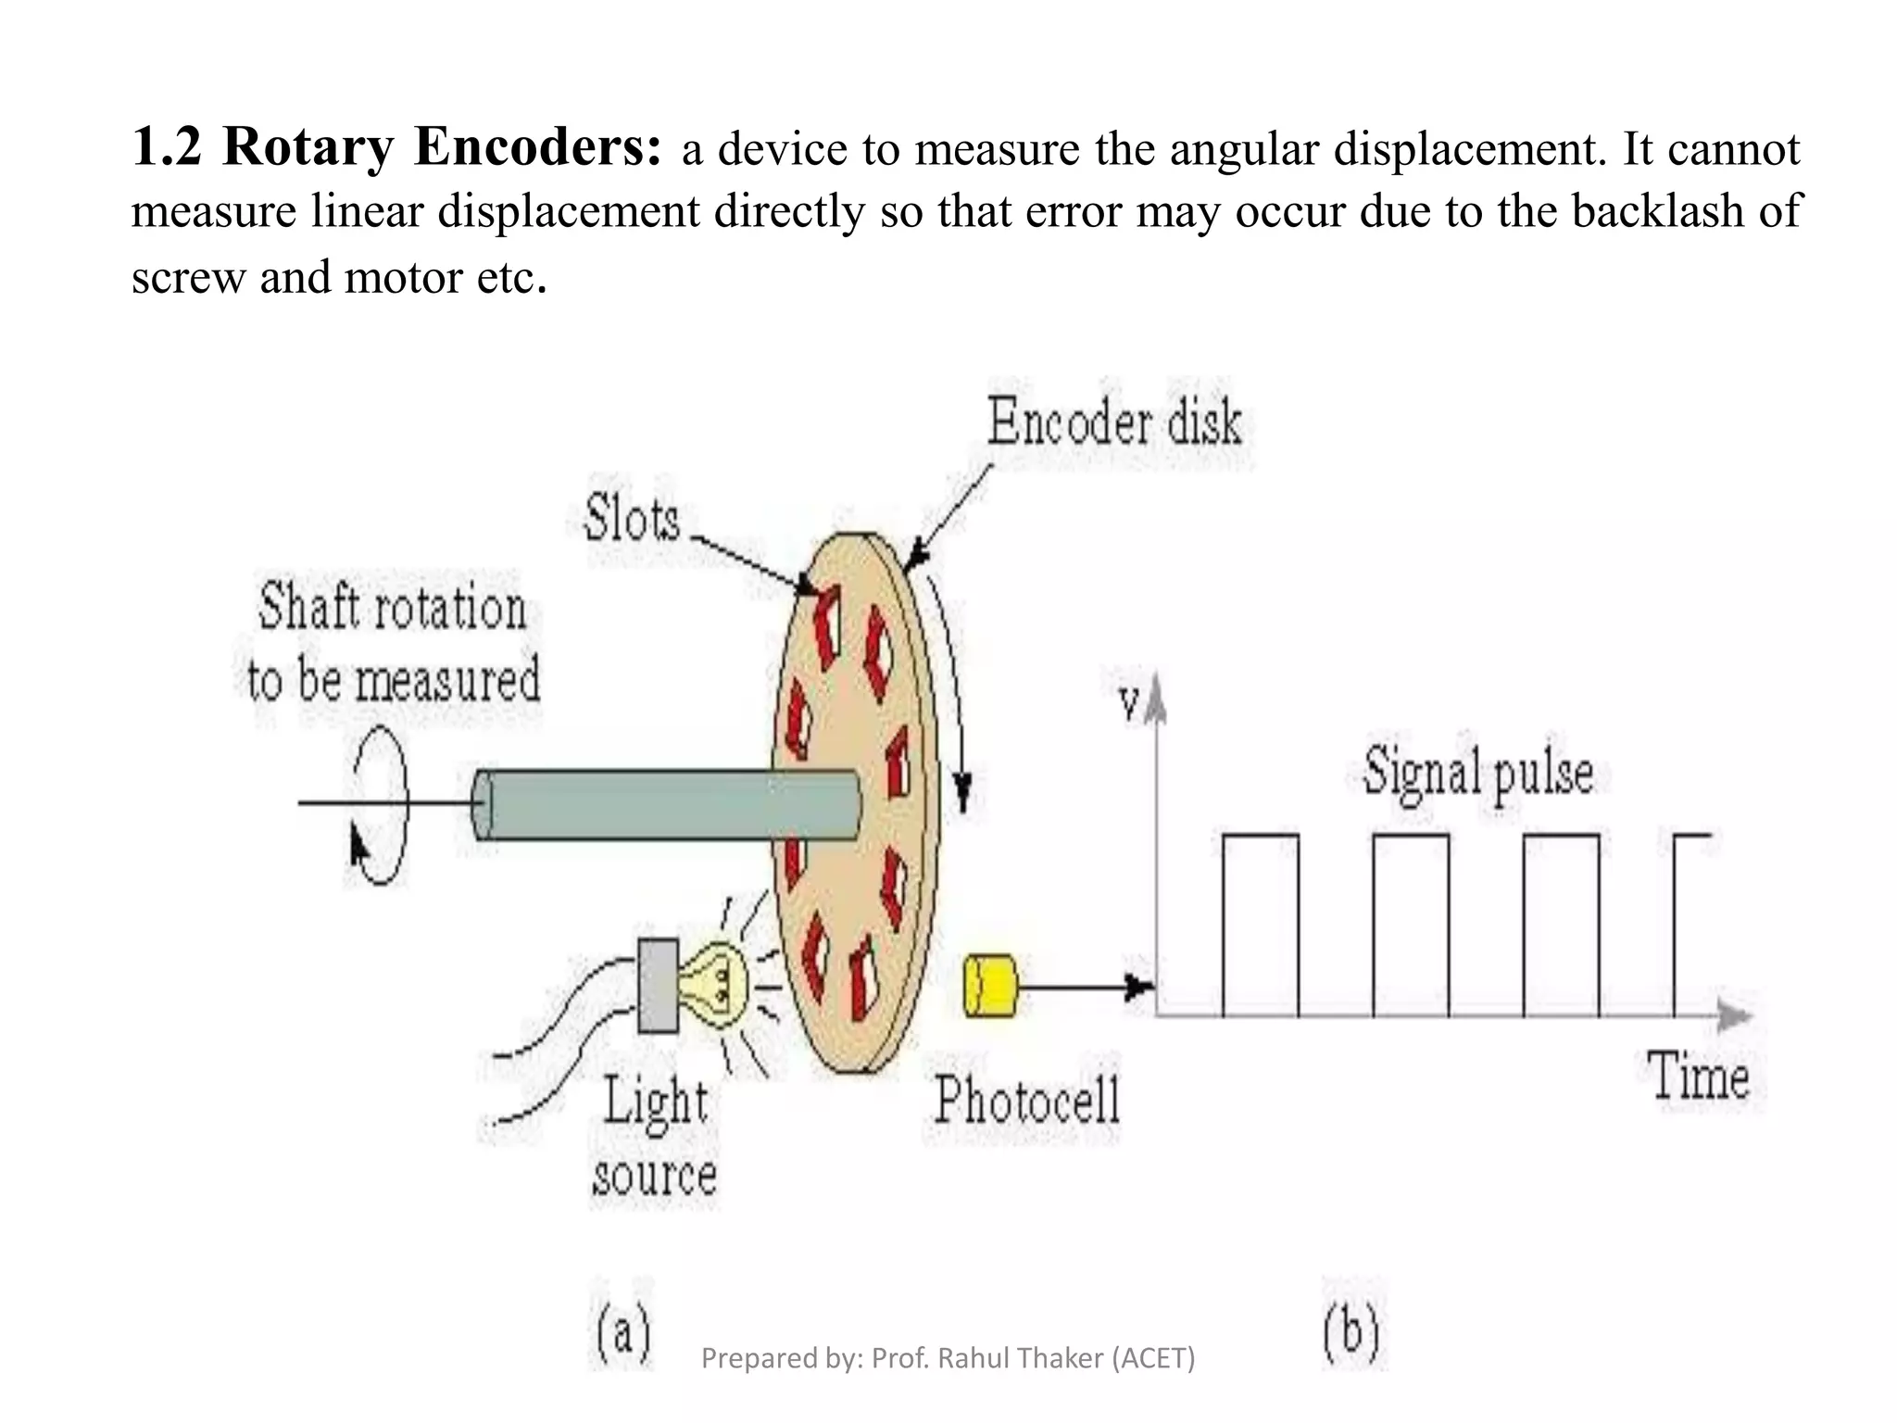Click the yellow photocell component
pos(990,986)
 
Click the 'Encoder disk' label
pos(1114,422)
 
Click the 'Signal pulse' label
pos(1478,773)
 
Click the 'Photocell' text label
pos(1027,1100)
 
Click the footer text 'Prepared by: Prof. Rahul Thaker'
pos(948,1358)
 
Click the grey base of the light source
pos(658,986)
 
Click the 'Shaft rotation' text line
pos(393,608)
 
